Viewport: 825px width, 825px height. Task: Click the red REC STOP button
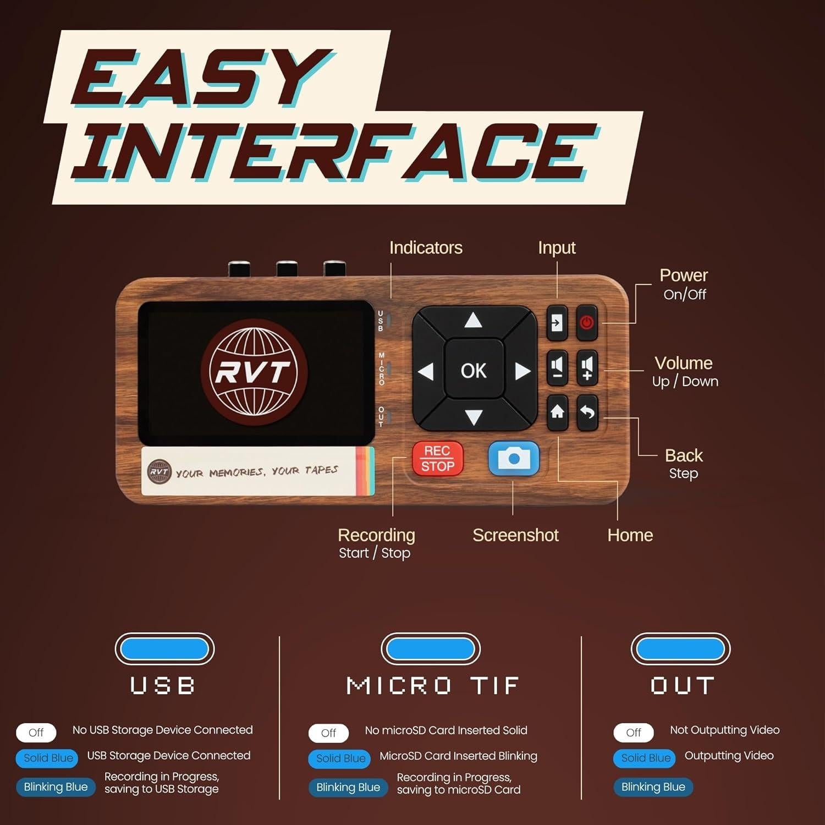(x=438, y=458)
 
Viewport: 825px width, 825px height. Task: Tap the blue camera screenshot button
(x=514, y=458)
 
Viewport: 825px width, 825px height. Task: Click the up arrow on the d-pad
(x=473, y=321)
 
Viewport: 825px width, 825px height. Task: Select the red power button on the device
(x=587, y=322)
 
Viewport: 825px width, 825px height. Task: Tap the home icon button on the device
(x=557, y=412)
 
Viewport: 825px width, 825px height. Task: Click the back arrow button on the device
(x=587, y=412)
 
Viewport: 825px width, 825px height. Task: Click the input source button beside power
(x=557, y=322)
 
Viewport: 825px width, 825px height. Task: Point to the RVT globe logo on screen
(x=254, y=372)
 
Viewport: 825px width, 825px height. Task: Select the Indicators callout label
(x=426, y=248)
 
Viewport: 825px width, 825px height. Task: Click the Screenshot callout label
(x=515, y=535)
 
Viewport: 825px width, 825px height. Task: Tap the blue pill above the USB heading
(x=164, y=649)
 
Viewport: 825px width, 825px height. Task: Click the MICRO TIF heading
(x=432, y=686)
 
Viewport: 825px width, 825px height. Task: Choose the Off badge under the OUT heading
(x=634, y=733)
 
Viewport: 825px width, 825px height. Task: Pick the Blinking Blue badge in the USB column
(x=56, y=787)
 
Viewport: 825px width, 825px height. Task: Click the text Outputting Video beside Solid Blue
(x=729, y=756)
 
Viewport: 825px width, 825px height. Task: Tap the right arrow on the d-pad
(x=522, y=372)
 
